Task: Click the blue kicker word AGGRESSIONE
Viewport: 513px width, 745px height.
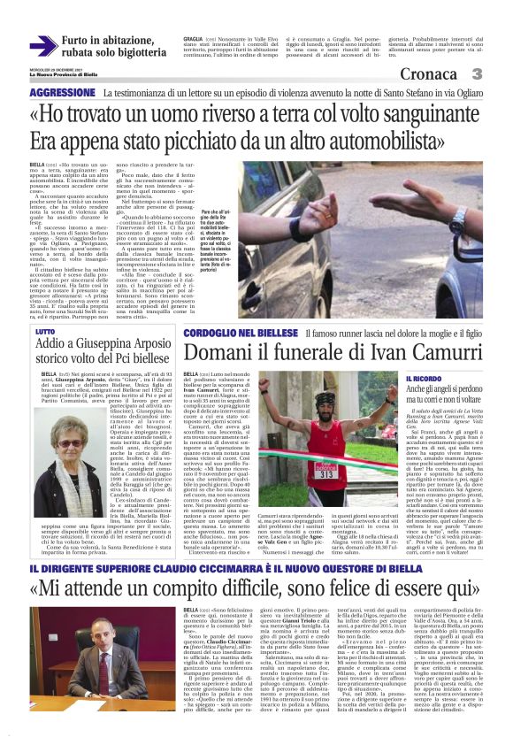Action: [61, 93]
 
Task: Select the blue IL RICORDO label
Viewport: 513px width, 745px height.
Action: [424, 379]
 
